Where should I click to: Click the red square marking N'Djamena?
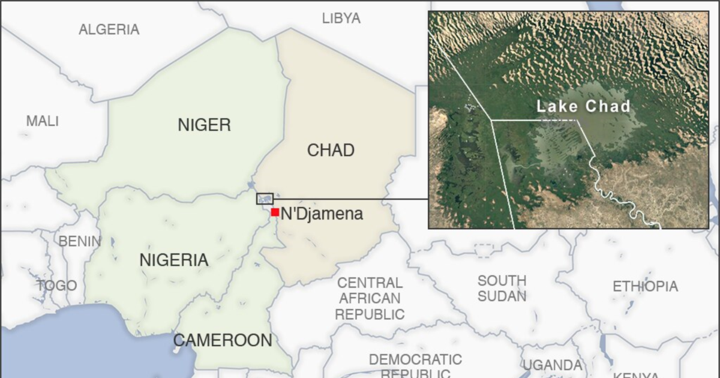point(274,212)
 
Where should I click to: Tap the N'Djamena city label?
point(322,213)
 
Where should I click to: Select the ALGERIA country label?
point(109,29)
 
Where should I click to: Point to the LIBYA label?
point(341,18)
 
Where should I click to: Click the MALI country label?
point(43,121)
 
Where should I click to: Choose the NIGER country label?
point(204,125)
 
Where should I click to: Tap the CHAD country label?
point(331,150)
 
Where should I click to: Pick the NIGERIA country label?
point(174,260)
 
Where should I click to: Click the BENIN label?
point(79,241)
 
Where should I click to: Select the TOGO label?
point(57,285)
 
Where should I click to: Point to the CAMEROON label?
point(223,340)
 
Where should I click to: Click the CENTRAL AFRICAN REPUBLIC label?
point(370,298)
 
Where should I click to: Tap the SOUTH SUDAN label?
point(502,288)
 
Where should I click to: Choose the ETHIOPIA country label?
point(645,286)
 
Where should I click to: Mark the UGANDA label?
point(552,365)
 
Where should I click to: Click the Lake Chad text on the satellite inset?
point(583,107)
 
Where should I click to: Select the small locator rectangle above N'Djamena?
point(265,199)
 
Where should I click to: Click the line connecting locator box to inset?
point(351,199)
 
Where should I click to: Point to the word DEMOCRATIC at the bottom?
point(415,359)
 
